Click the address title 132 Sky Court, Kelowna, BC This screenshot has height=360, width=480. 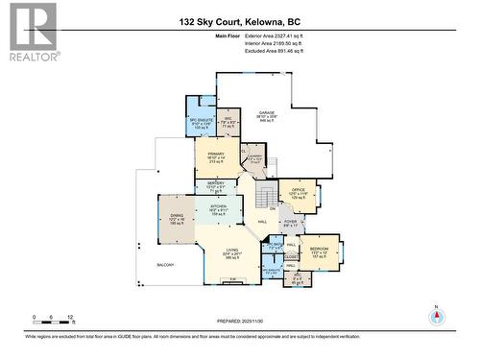[x=239, y=20]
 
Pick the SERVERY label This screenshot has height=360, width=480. [x=216, y=184]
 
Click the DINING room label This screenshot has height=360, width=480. [x=177, y=217]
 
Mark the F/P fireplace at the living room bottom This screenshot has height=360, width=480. [x=232, y=280]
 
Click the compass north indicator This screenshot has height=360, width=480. [x=438, y=318]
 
